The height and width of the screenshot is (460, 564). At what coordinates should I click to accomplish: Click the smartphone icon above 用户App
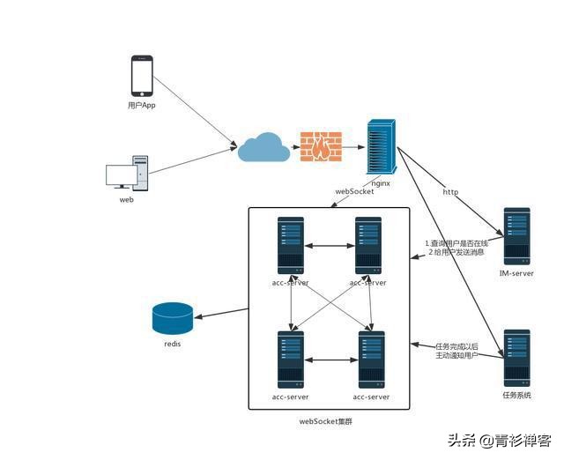click(142, 76)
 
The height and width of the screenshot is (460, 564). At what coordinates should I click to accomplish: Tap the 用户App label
click(142, 105)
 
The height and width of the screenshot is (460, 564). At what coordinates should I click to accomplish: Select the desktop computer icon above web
click(127, 173)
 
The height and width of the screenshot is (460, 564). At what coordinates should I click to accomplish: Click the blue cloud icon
click(263, 146)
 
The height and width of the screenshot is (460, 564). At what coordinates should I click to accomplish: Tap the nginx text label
click(381, 183)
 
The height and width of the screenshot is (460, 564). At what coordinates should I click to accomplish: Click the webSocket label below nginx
click(354, 191)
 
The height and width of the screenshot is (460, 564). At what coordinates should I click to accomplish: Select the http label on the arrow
click(450, 191)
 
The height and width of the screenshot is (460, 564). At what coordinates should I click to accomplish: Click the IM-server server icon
click(516, 236)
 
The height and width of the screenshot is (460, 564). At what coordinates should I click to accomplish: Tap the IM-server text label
click(516, 273)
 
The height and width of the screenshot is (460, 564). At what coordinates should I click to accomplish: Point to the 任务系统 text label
click(516, 395)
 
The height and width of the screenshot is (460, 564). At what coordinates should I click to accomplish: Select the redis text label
click(172, 344)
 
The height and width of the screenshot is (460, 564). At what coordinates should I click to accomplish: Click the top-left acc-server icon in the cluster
click(291, 245)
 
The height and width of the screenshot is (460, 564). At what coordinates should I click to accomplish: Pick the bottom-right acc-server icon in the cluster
click(371, 360)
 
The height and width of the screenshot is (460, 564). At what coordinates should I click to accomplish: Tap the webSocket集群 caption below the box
click(331, 422)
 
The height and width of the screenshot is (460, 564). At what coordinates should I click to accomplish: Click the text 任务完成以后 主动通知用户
click(456, 350)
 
